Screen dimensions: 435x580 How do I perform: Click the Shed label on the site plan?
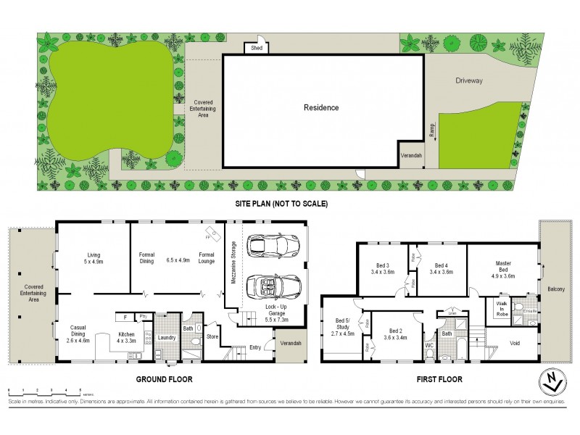coord(256,48)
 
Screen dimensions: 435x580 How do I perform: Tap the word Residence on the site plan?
coord(321,107)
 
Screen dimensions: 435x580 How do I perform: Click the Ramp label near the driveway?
coord(432,130)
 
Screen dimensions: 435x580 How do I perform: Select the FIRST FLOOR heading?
coord(439,379)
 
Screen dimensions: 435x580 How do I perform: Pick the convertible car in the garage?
coord(273,287)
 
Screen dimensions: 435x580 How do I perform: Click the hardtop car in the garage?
coord(268,246)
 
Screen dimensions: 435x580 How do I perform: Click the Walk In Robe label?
coord(502,308)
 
